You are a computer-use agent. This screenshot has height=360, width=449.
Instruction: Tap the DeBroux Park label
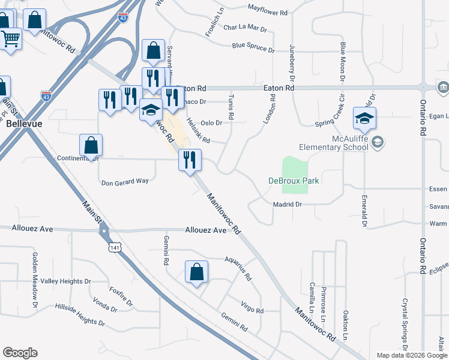tap(293, 181)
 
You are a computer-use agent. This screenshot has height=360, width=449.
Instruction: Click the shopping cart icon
tap(10, 40)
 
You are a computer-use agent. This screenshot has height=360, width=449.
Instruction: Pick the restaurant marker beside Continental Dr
tap(190, 160)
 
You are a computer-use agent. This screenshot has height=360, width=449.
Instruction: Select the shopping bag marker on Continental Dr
tap(91, 146)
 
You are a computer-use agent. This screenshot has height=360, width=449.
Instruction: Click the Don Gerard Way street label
tap(124, 182)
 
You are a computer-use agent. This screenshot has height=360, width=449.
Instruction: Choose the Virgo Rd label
tap(252, 310)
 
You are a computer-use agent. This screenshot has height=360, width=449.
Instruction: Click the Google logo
tap(20, 353)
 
